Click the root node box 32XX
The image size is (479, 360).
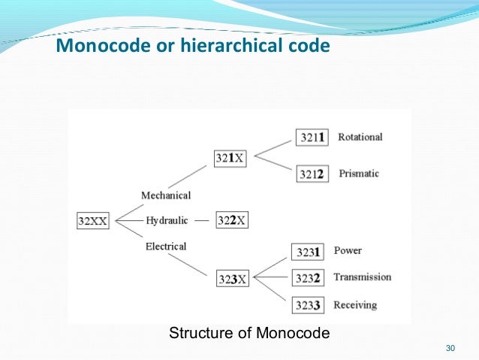tap(93, 221)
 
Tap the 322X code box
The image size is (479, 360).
tap(232, 220)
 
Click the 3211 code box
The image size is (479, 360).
tap(312, 138)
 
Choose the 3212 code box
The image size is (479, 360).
tap(312, 174)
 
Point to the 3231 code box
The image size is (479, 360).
tap(307, 252)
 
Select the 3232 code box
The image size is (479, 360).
tap(308, 278)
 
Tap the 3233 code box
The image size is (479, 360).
tap(308, 305)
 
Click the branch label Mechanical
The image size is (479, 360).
tap(166, 195)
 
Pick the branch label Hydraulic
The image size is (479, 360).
tap(167, 220)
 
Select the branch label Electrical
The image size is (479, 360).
tap(166, 246)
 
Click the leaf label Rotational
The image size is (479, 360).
tap(360, 137)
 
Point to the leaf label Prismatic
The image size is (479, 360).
tap(359, 174)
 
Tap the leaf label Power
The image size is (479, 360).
tap(348, 250)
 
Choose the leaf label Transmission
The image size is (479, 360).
tap(363, 277)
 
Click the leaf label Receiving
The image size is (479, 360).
tap(355, 304)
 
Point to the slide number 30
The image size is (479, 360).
tap(450, 348)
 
